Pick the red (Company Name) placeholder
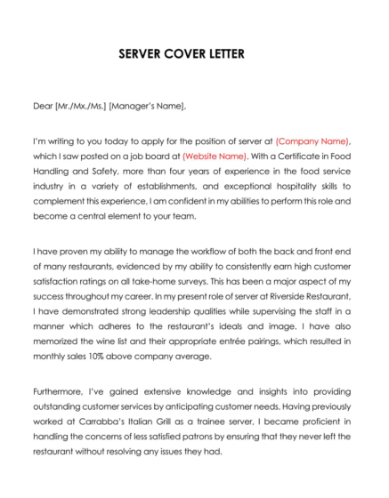pyautogui.click(x=313, y=141)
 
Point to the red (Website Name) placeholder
pyautogui.click(x=214, y=157)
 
